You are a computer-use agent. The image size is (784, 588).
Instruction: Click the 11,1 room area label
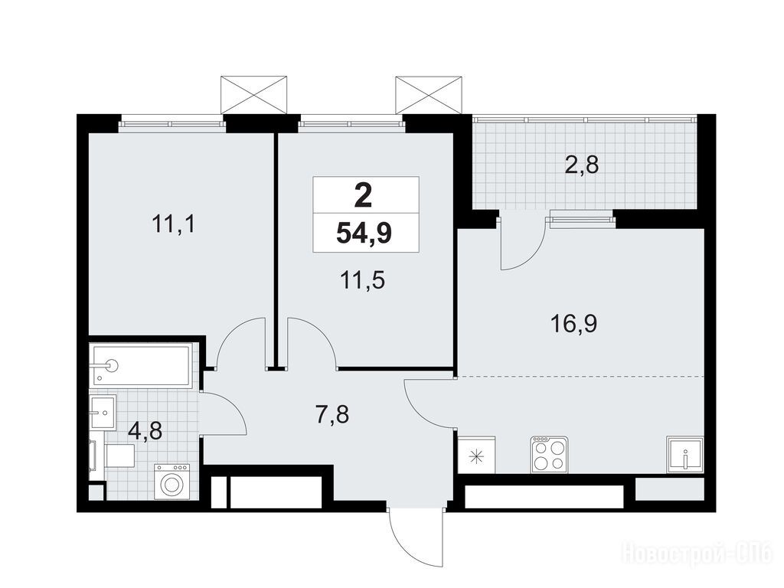(x=174, y=224)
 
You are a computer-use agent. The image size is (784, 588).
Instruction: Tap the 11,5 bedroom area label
(x=363, y=281)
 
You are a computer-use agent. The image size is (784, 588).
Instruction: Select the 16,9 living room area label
(x=573, y=325)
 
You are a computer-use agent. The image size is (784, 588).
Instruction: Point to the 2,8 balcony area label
(x=582, y=165)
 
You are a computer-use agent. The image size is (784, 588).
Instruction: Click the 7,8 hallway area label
(x=332, y=414)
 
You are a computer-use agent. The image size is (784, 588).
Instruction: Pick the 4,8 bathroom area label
(x=145, y=430)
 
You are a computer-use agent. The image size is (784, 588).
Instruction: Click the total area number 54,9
(x=364, y=233)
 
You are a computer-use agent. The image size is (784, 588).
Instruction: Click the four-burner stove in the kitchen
(x=550, y=454)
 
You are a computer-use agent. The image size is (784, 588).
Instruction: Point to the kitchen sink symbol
(x=685, y=455)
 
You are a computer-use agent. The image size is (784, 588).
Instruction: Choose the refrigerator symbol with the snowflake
(x=476, y=455)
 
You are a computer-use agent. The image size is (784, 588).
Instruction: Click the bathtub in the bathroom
(x=141, y=365)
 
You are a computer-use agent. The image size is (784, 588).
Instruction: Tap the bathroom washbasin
(x=103, y=412)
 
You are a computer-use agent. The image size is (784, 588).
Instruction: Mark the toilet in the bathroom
(x=115, y=456)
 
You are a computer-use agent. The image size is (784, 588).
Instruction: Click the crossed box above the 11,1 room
(x=254, y=95)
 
